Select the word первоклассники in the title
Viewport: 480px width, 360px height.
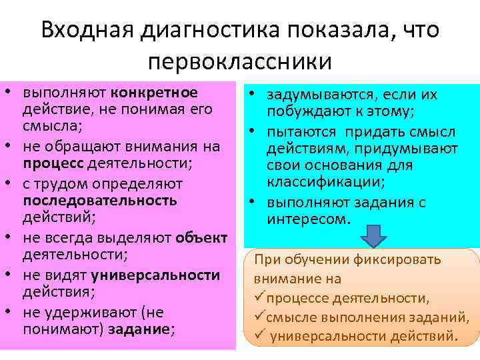click(239, 63)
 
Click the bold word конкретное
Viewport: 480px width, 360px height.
click(155, 91)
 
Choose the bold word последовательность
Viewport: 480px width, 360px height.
click(99, 201)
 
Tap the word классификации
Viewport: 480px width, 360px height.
click(346, 181)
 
